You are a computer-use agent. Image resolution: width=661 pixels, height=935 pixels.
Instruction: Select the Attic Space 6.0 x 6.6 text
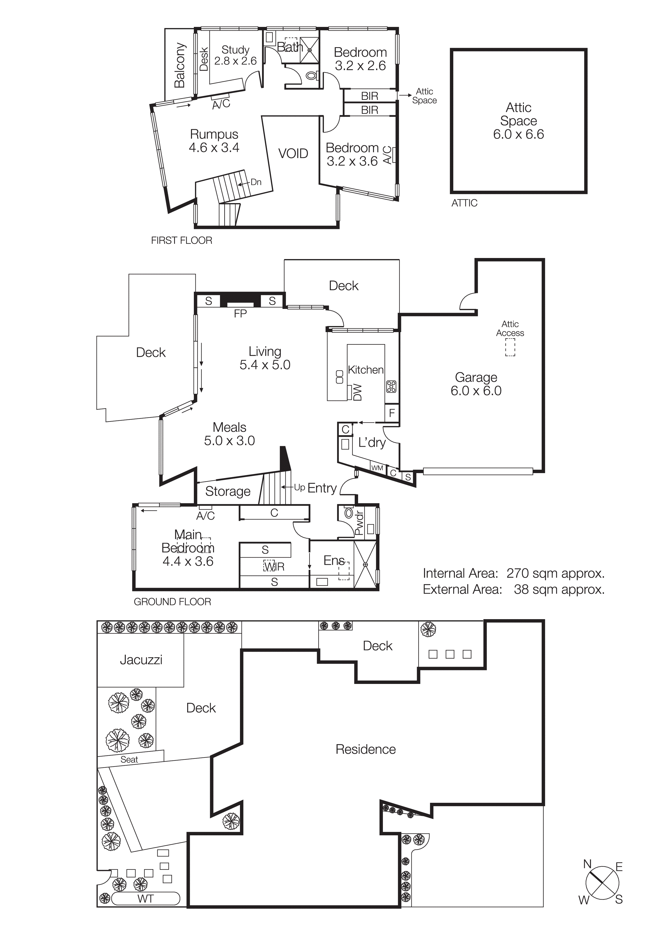coord(518,121)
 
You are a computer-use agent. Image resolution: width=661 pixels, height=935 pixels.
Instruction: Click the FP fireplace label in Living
coord(240,313)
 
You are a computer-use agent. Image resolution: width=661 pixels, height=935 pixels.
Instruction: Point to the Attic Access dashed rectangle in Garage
coord(510,348)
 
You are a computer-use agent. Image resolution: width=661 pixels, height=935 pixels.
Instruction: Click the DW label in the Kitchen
coord(358,392)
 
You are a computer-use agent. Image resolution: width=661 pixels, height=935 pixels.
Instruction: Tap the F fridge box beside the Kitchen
coord(392,413)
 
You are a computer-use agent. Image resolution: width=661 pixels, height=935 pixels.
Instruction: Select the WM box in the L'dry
coord(377,468)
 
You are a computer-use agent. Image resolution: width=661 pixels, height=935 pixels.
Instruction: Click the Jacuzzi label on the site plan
coord(141,660)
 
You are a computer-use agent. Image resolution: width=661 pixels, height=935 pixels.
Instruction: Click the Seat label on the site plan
coord(129,759)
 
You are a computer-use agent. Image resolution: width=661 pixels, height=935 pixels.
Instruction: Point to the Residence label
coord(365,749)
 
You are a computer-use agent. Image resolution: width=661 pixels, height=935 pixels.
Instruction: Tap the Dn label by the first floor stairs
coord(256,182)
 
